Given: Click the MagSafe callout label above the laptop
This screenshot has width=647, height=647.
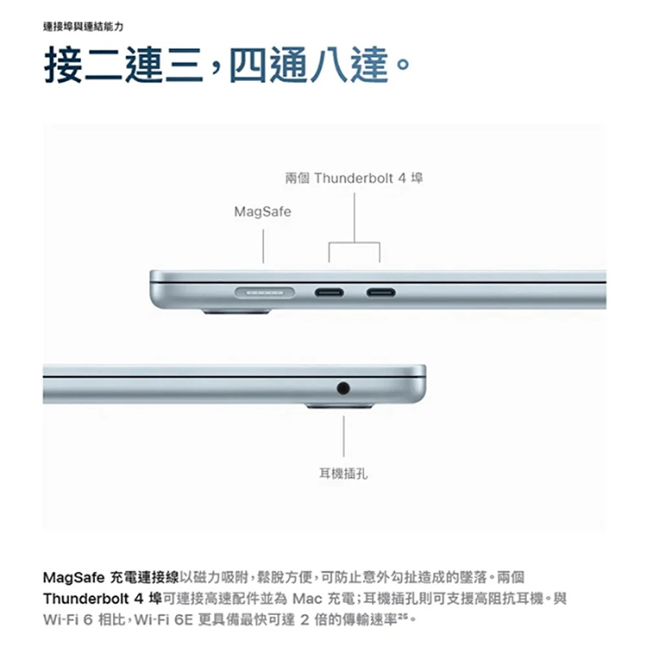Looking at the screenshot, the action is click(262, 212).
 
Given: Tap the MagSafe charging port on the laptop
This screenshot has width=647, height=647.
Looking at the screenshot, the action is click(265, 292).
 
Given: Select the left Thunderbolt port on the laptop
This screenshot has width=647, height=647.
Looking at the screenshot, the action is click(329, 293).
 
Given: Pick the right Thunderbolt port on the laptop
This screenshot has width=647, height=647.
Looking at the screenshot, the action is click(380, 293).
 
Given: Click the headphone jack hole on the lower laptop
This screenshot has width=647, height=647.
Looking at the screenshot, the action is click(342, 388).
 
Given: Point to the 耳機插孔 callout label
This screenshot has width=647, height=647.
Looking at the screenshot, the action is click(342, 474).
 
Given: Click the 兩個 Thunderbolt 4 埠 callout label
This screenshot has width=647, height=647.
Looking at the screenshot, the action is click(354, 179).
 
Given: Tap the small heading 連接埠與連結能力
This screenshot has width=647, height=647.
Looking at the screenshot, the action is click(83, 28).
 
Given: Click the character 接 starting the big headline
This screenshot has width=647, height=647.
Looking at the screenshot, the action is click(63, 65).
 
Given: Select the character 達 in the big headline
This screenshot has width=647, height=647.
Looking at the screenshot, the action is click(370, 65).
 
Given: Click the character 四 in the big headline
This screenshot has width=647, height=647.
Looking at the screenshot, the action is click(248, 65).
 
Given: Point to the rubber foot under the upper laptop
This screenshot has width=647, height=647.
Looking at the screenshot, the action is click(236, 311).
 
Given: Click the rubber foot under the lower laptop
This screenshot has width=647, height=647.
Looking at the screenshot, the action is click(339, 406).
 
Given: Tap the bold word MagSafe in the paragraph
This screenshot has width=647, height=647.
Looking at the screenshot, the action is click(74, 577).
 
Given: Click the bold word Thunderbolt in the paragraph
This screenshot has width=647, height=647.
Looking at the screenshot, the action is click(85, 599).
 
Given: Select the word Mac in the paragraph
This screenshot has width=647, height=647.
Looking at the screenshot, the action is click(307, 599).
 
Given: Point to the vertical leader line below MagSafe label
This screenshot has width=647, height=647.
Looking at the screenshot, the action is click(263, 247).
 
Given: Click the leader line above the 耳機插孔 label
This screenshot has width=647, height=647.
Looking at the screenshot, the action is click(343, 437).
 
